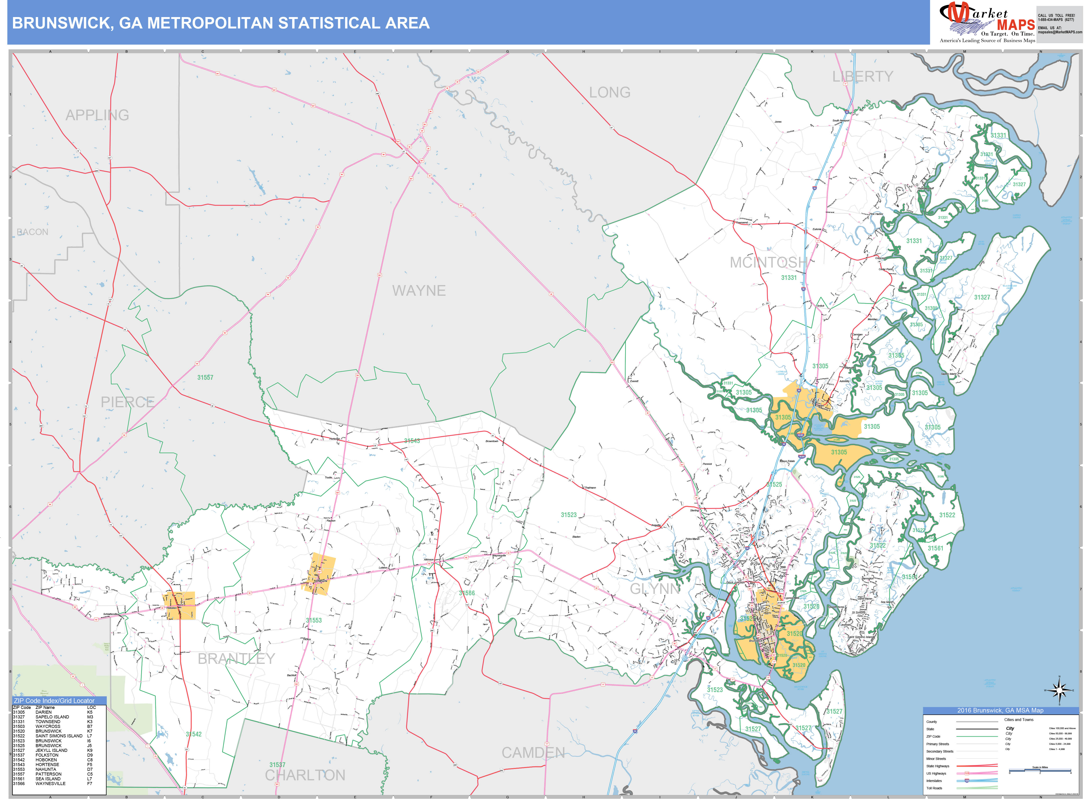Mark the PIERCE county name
pos(127,402)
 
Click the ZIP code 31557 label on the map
pos(205,377)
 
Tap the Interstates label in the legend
pos(934,781)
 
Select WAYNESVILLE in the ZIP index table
pos(50,784)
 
